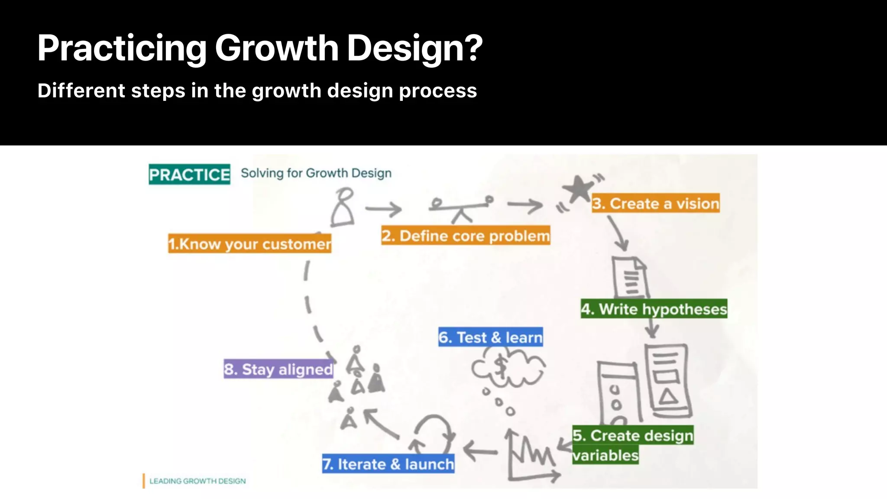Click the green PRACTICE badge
(189, 175)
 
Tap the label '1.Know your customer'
(250, 244)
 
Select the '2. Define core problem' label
(466, 236)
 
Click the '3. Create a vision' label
(656, 203)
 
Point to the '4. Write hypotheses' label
(654, 309)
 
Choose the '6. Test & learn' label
(490, 337)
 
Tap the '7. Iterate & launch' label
(388, 464)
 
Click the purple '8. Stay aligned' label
(278, 369)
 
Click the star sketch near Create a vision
(579, 189)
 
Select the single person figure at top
(343, 207)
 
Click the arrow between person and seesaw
(383, 209)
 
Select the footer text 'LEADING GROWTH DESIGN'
(197, 481)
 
